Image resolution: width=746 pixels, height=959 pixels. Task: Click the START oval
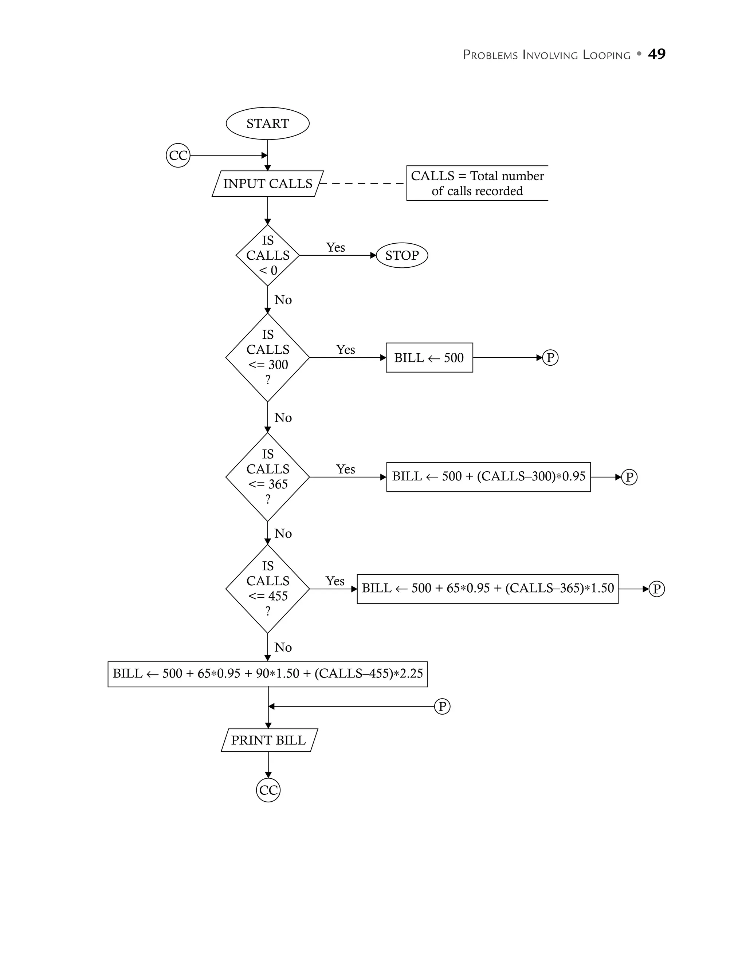coord(267,123)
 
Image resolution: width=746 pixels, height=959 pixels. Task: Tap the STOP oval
coord(402,255)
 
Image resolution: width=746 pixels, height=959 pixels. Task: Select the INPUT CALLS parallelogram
coord(267,184)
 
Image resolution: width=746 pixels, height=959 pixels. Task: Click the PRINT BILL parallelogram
coord(269,740)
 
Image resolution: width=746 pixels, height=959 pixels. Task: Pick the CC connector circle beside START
coord(178,156)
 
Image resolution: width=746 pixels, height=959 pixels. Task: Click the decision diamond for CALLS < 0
coord(267,255)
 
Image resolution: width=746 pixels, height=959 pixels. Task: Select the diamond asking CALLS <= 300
coord(267,357)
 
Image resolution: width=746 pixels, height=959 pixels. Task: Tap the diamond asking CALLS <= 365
coord(267,477)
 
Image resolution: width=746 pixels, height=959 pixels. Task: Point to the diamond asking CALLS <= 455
coord(267,589)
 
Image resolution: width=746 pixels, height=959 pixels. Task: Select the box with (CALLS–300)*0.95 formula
coord(488,477)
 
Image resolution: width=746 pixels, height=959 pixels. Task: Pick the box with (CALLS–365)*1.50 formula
coord(487,589)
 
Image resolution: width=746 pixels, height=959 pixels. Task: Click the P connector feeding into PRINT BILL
coord(442,707)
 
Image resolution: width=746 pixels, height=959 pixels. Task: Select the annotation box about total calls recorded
coord(477,183)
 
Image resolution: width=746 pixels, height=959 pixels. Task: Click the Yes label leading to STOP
coord(335,248)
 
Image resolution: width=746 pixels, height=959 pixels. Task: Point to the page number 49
coord(656,54)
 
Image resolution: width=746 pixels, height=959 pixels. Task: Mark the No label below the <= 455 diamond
coord(283,647)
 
